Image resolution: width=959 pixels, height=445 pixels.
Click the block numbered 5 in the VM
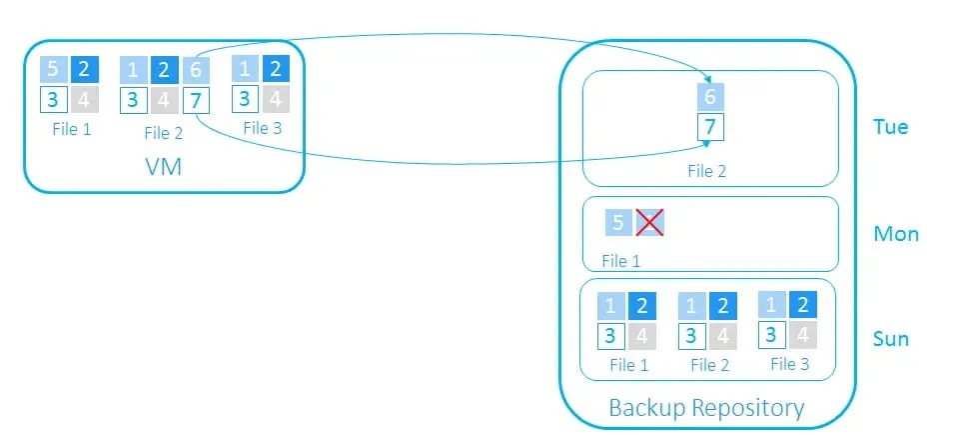coord(54,70)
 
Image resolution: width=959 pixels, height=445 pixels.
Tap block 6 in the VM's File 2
coord(197,70)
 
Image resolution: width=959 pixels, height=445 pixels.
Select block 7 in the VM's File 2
coord(197,101)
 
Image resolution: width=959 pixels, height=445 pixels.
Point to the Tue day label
coord(890,128)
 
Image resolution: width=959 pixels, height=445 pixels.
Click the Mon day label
coord(895,234)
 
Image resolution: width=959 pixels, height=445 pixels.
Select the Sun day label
coord(891,338)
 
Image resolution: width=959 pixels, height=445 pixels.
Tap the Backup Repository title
coord(706,408)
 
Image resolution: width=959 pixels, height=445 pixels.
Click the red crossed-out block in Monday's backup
coord(650,223)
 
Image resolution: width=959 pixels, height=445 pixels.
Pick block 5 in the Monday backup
coord(618,223)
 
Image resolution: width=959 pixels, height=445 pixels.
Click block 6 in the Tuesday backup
coord(709,97)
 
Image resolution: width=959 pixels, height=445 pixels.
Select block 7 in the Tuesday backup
coord(709,128)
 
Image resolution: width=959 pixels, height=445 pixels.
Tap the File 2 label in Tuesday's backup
coord(706,171)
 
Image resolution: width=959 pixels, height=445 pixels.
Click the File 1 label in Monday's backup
coord(620,261)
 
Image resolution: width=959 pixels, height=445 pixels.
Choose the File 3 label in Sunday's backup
coord(789,364)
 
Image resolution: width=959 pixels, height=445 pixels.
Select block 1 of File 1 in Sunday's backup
coord(611,306)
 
